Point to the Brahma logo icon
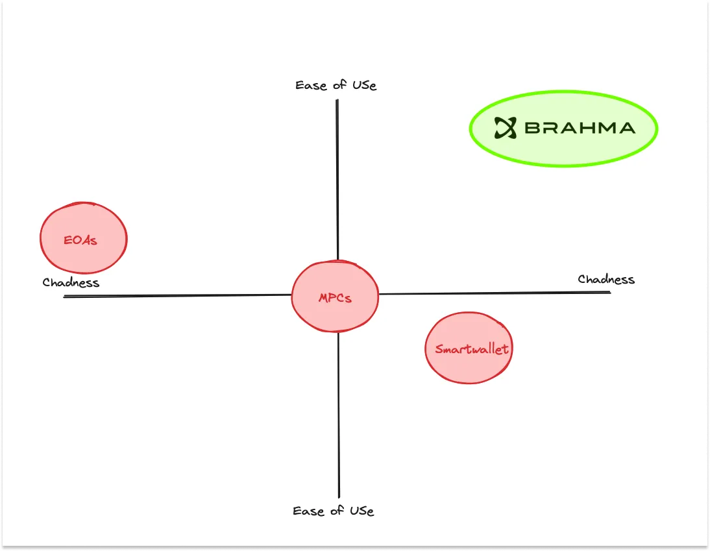click(x=505, y=127)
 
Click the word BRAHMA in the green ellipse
click(x=580, y=128)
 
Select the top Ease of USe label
click(x=336, y=85)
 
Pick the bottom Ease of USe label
click(x=333, y=511)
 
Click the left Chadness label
click(x=71, y=282)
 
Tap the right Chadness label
click(x=606, y=279)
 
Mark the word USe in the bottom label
click(x=360, y=511)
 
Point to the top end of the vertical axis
click(x=337, y=101)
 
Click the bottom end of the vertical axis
click(x=339, y=496)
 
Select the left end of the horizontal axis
click(x=66, y=297)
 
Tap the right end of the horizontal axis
click(x=609, y=292)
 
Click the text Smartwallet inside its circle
click(x=472, y=349)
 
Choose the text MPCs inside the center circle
click(x=335, y=298)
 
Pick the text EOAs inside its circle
click(x=80, y=240)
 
